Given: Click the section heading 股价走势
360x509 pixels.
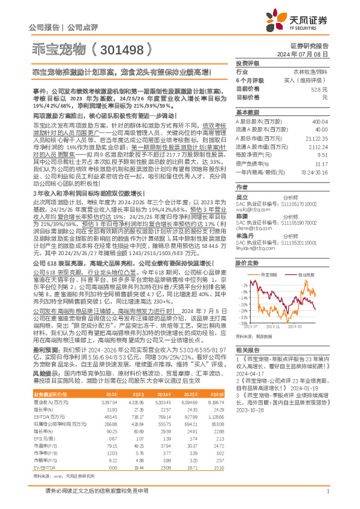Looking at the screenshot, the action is tap(247, 262).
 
